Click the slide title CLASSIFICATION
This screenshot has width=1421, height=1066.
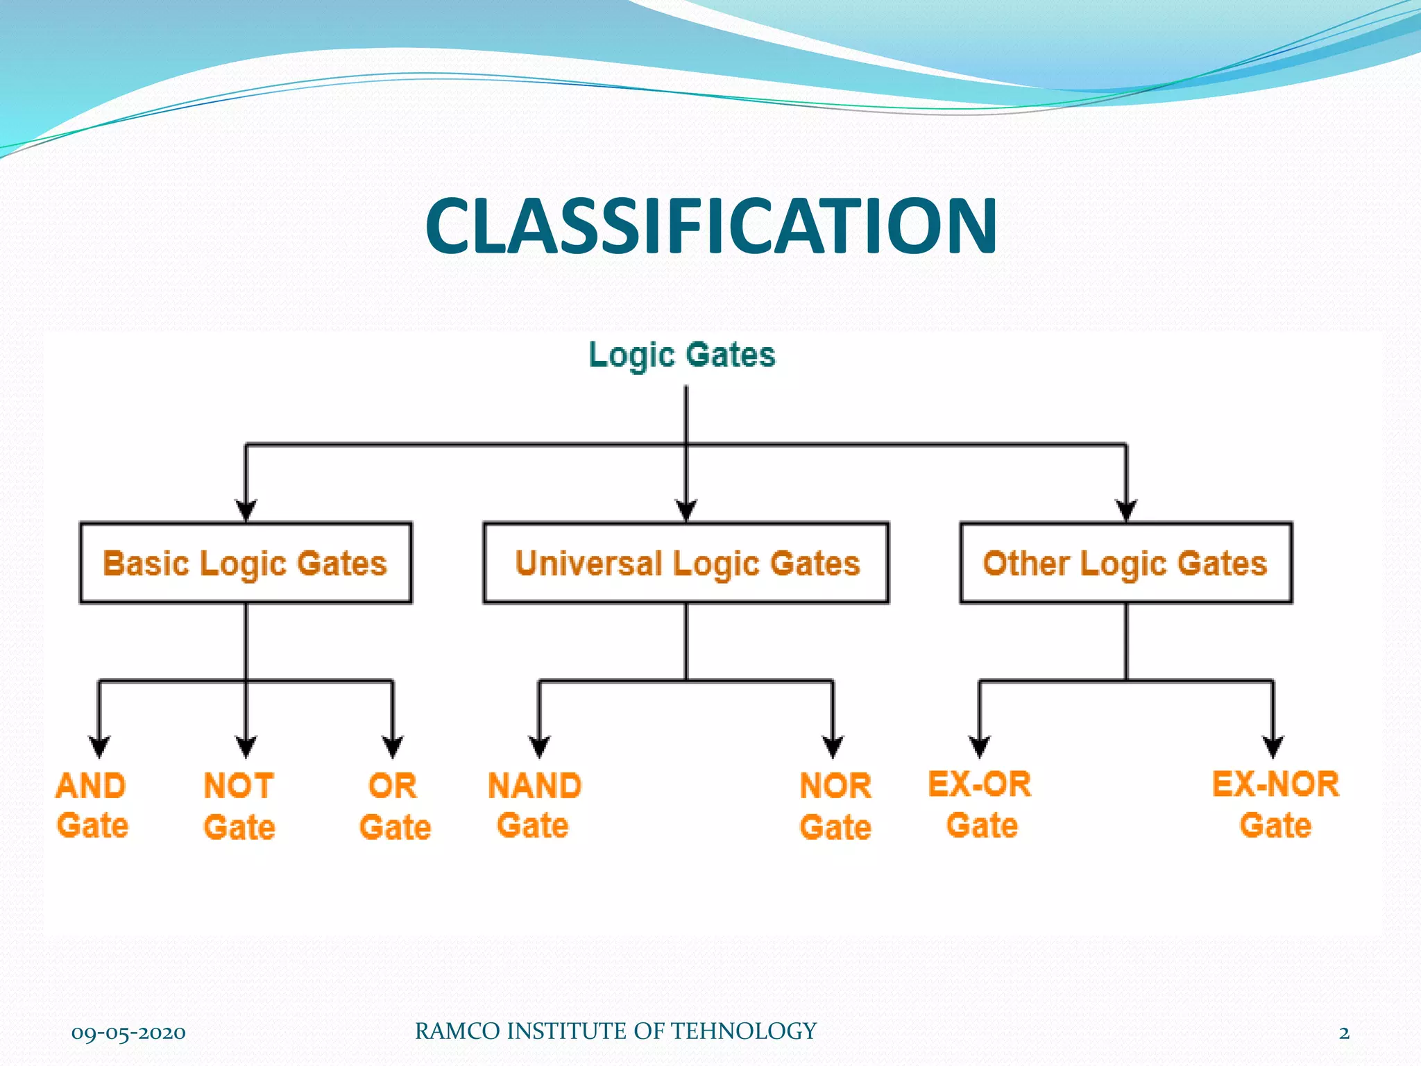[x=710, y=226]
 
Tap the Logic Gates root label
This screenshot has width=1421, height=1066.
[x=681, y=355]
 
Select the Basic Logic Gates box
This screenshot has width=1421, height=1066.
[x=246, y=563]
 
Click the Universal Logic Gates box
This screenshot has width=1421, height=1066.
[x=686, y=563]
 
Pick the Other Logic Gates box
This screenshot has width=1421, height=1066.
[x=1125, y=563]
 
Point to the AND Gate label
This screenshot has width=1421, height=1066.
[x=92, y=805]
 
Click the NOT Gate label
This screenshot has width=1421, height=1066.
[x=239, y=806]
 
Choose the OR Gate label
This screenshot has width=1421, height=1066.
[x=394, y=806]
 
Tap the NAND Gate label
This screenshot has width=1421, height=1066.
[x=534, y=805]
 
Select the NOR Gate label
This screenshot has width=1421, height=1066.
[x=835, y=806]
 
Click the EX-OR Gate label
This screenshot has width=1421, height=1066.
[x=980, y=804]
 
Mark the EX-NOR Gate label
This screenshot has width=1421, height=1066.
[x=1275, y=804]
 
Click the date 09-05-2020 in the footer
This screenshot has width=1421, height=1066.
[x=128, y=1033]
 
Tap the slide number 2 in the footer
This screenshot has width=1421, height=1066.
[x=1344, y=1033]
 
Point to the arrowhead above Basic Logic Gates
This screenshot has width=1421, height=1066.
[x=246, y=511]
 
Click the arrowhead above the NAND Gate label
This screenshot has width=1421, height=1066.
[x=539, y=747]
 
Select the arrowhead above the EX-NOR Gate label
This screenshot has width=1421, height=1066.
[x=1273, y=747]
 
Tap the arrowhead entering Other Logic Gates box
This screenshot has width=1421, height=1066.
[x=1125, y=511]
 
